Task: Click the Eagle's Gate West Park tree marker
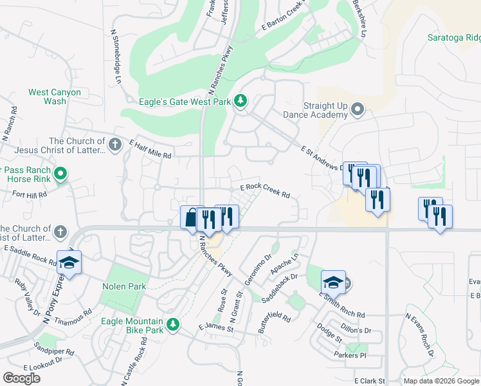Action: click(x=240, y=101)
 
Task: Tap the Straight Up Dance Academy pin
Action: click(x=358, y=110)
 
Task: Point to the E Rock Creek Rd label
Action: click(x=266, y=190)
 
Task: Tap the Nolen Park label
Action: click(x=123, y=286)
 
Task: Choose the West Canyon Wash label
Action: click(x=55, y=96)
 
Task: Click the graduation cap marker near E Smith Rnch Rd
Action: click(x=333, y=282)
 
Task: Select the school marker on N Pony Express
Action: click(x=69, y=262)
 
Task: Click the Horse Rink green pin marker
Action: click(x=60, y=174)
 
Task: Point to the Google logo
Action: click(x=21, y=378)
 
